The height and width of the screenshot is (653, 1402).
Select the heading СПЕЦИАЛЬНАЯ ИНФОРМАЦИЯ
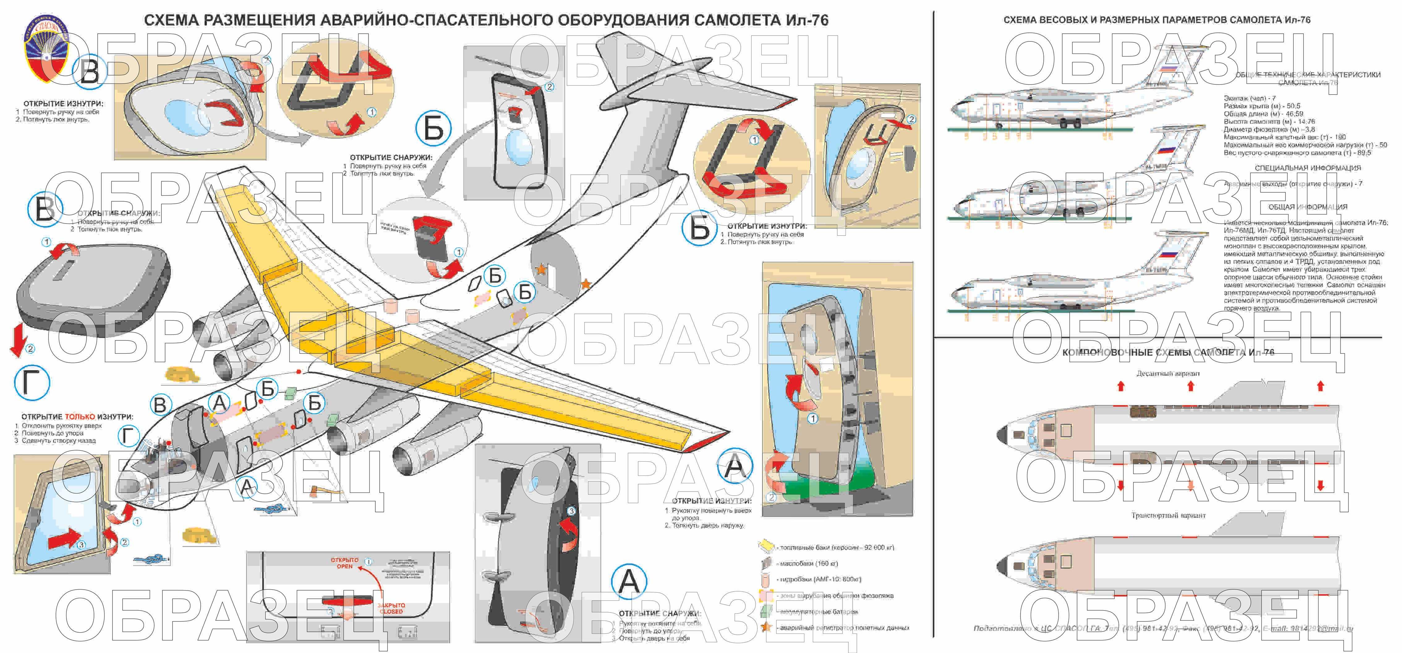coord(1307,168)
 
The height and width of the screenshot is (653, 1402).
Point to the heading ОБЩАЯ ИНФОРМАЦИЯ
coord(1307,207)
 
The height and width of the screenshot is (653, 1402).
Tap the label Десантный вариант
coord(1167,373)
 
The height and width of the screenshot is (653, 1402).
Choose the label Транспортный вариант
coord(1168,515)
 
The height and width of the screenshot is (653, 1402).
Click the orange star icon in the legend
coord(766,627)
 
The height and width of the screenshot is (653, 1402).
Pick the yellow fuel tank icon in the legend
coord(766,546)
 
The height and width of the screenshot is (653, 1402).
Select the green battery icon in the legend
coord(766,611)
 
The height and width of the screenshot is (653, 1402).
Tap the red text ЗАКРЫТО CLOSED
coord(391,608)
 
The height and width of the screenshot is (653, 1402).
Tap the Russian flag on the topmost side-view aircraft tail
coord(1169,69)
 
